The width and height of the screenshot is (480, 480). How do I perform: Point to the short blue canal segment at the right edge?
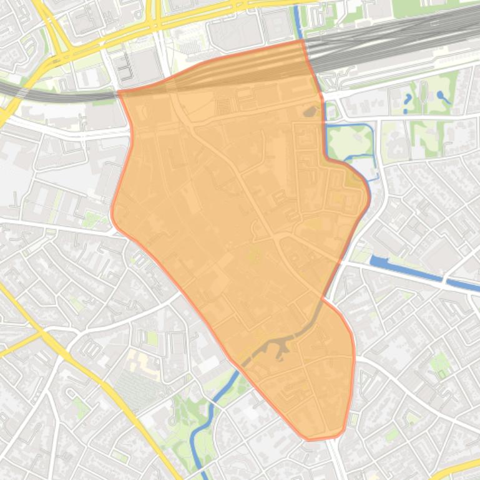coord(465,285)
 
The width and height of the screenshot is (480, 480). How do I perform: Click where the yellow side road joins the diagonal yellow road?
coord(42,334)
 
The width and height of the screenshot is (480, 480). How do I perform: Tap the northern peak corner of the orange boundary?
coord(303,41)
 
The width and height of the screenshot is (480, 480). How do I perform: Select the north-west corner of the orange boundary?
coord(119,92)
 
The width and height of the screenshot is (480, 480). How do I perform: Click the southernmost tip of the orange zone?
coord(309,439)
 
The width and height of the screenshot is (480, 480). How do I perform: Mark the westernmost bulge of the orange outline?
coord(112,212)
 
